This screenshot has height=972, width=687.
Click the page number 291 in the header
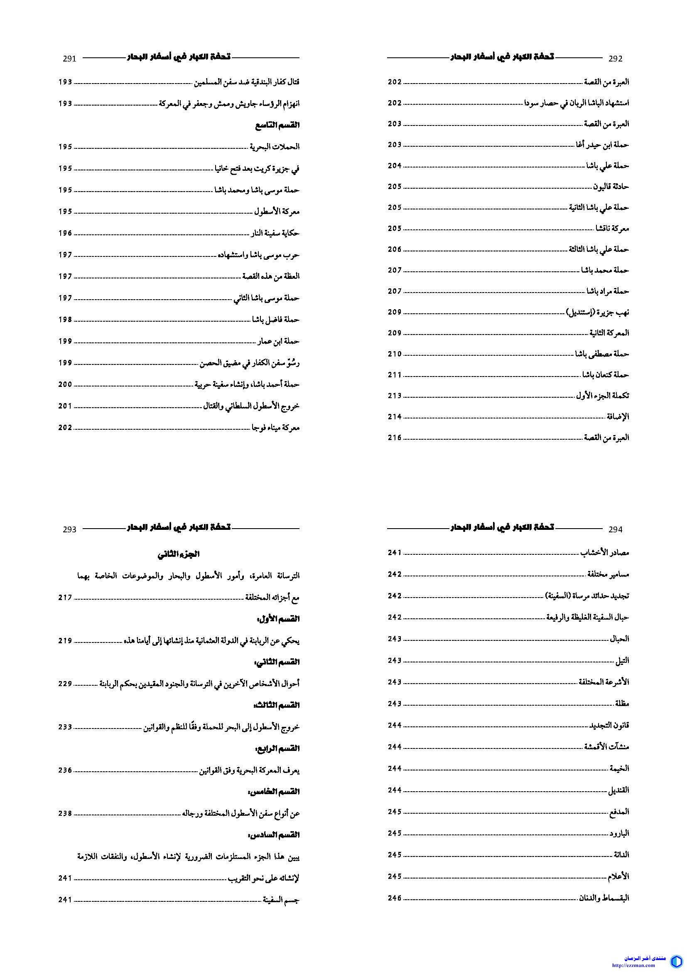pyautogui.click(x=69, y=59)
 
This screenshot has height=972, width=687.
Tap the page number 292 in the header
pyautogui.click(x=615, y=59)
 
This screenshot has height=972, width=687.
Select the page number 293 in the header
pyautogui.click(x=69, y=529)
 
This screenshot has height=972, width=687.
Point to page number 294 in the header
pyautogui.click(x=615, y=529)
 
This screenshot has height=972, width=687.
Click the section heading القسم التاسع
pyautogui.click(x=277, y=125)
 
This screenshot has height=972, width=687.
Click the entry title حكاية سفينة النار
pyautogui.click(x=275, y=233)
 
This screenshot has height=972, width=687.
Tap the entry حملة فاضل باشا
pyautogui.click(x=276, y=319)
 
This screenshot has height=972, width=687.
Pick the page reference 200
pyautogui.click(x=65, y=384)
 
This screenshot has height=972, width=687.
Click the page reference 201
pyautogui.click(x=65, y=406)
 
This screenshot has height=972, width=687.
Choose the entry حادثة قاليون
pyautogui.click(x=611, y=186)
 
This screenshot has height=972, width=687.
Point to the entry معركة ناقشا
pyautogui.click(x=612, y=228)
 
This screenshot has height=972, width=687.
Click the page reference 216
pyautogui.click(x=394, y=438)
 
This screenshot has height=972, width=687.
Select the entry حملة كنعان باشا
pyautogui.click(x=605, y=375)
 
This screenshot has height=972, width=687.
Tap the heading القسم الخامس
pyautogui.click(x=274, y=791)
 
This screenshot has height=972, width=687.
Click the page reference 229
pyautogui.click(x=65, y=684)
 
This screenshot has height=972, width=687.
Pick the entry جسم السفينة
pyautogui.click(x=281, y=900)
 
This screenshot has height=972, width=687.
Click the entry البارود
pyautogui.click(x=619, y=833)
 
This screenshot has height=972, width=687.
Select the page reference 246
pyautogui.click(x=394, y=898)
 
